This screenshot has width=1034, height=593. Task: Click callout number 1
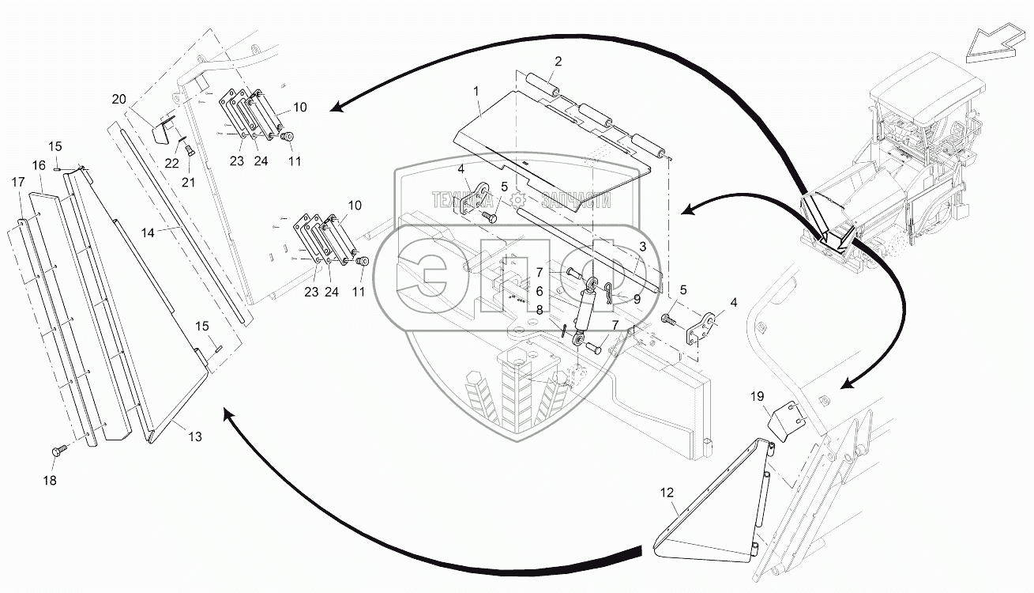pyautogui.click(x=476, y=93)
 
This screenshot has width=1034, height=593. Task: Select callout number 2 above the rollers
pyautogui.click(x=558, y=62)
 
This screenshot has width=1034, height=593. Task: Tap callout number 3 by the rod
pyautogui.click(x=643, y=247)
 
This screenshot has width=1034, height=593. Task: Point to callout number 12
pyautogui.click(x=667, y=493)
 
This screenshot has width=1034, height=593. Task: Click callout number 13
pyautogui.click(x=194, y=436)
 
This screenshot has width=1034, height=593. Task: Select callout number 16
pyautogui.click(x=38, y=165)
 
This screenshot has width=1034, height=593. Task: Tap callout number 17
pyautogui.click(x=17, y=181)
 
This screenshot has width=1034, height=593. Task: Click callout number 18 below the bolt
pyautogui.click(x=50, y=479)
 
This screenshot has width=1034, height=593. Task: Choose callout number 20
pyautogui.click(x=118, y=100)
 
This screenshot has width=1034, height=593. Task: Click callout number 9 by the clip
pyautogui.click(x=637, y=299)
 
